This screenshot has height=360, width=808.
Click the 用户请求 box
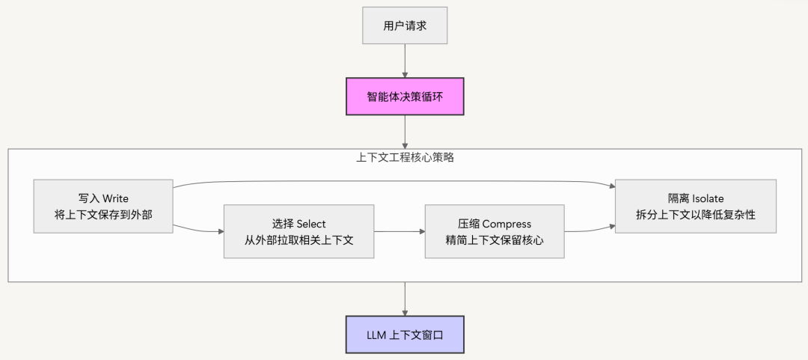pos(404,26)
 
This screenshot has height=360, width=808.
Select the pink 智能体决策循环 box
pos(404,97)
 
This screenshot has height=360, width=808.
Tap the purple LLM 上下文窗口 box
pos(404,335)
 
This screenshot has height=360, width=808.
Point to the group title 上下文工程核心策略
pos(405,158)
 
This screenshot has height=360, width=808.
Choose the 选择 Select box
pos(299,231)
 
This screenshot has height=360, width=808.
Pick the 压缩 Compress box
pos(494,231)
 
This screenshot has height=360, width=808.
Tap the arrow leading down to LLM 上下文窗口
pos(405,299)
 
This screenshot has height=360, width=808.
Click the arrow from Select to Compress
pos(399,232)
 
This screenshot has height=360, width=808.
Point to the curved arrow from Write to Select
pos(198,227)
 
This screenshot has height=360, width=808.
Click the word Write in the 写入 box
pos(115,199)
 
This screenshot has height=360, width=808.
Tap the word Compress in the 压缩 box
pos(506,224)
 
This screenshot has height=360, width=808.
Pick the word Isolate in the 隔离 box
pos(708,199)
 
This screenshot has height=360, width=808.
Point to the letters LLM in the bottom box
pos(376,335)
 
